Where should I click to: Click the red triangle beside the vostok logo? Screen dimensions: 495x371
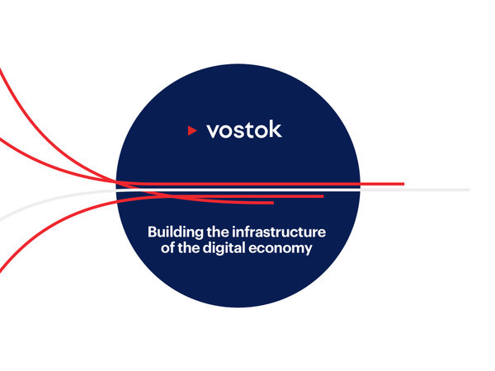coord(192,130)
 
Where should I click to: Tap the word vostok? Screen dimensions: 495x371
coord(244,129)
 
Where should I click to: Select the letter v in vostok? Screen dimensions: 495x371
coord(214,131)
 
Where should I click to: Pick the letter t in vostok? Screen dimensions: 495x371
coord(248,129)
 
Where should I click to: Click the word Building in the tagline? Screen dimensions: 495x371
coord(176,232)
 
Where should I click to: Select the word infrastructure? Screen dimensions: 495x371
coord(279,232)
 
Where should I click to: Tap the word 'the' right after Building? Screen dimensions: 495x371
coord(218,232)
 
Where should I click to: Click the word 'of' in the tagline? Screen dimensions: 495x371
coord(167,247)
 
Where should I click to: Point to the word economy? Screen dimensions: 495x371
coord(280,249)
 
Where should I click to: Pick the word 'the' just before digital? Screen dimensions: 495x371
coord(189,247)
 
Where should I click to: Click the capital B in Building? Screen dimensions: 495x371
coord(153,232)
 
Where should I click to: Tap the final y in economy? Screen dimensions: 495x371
coord(308,250)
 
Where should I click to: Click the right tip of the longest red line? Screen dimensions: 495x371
coord(404,184)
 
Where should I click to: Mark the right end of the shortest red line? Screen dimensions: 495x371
coord(273,203)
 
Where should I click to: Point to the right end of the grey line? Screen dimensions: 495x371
coord(469,190)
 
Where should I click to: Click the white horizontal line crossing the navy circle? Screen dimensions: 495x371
coord(238,190)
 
